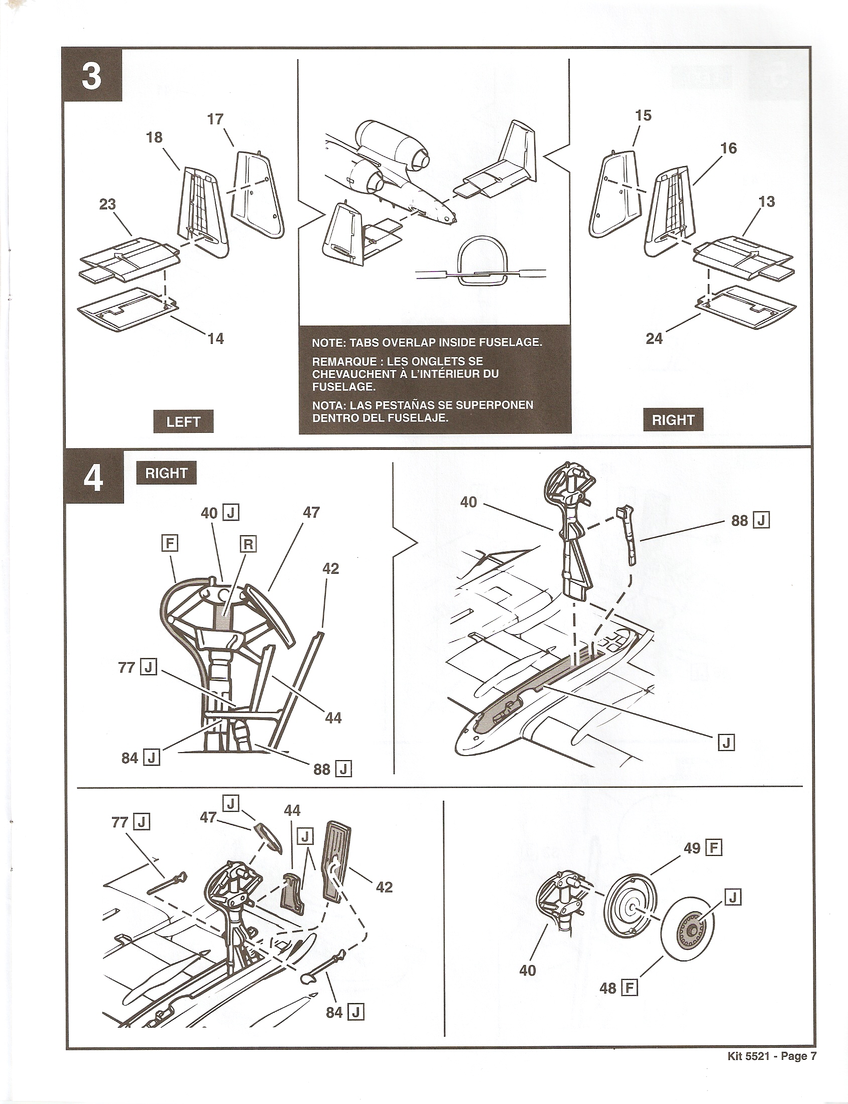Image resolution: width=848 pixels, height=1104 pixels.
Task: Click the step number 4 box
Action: [x=93, y=477]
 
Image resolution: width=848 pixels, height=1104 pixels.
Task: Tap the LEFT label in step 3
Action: [x=183, y=422]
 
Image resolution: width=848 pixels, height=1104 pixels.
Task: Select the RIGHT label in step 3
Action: [x=673, y=420]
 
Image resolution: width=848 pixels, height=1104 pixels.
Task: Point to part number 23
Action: [x=107, y=204]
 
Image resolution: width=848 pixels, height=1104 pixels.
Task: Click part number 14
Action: [x=215, y=339]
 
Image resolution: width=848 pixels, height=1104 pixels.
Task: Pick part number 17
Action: [x=215, y=119]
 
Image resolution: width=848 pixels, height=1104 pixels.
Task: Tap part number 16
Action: [x=729, y=149]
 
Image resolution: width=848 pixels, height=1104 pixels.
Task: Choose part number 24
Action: [x=654, y=339]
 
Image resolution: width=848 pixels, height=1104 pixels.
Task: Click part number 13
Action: [x=766, y=202]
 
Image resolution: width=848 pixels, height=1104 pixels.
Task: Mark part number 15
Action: [x=643, y=115]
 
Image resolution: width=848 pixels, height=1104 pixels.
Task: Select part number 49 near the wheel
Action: [x=691, y=848]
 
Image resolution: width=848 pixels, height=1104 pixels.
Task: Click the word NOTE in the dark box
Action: [x=327, y=342]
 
